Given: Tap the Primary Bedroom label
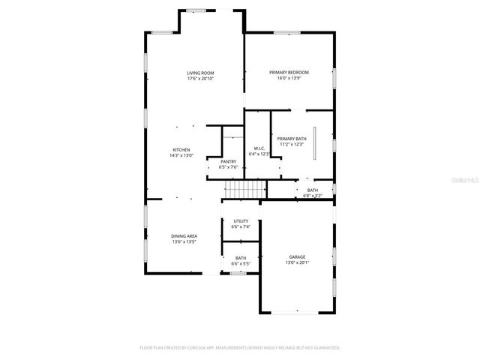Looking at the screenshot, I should pyautogui.click(x=289, y=72).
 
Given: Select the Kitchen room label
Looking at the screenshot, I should pyautogui.click(x=181, y=150).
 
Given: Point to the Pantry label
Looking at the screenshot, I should pyautogui.click(x=228, y=162).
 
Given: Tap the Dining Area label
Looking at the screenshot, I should pyautogui.click(x=183, y=236).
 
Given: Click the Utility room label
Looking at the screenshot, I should pyautogui.click(x=241, y=221).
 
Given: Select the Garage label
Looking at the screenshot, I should pyautogui.click(x=298, y=256).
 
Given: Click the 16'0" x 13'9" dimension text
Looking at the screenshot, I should pyautogui.click(x=289, y=79).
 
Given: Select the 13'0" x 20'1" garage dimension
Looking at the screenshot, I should pyautogui.click(x=298, y=263).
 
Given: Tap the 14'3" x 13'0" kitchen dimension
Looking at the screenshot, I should pyautogui.click(x=181, y=156).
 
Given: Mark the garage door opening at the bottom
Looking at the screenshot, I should pyautogui.click(x=298, y=312).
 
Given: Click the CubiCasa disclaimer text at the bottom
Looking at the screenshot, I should pyautogui.click(x=240, y=348).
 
